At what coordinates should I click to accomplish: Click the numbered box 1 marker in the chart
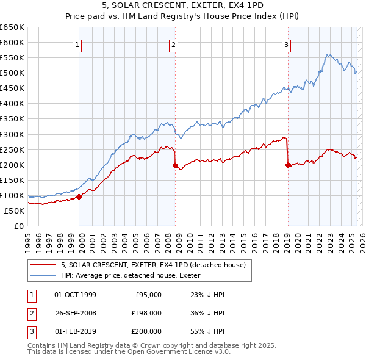tap(79, 44)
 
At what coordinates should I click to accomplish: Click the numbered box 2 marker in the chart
tap(174, 44)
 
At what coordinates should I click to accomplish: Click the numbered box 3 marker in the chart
tap(286, 44)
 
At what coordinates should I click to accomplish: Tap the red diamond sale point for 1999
tap(79, 196)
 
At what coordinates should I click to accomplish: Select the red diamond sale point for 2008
tap(175, 165)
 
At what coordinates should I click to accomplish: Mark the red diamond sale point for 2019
tap(287, 164)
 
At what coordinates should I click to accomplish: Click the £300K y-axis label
tap(12, 134)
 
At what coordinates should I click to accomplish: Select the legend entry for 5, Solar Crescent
tap(152, 265)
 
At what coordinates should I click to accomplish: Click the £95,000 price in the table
tap(148, 295)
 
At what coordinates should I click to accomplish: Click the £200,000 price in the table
tap(146, 331)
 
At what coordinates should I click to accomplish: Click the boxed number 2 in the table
tap(30, 313)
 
